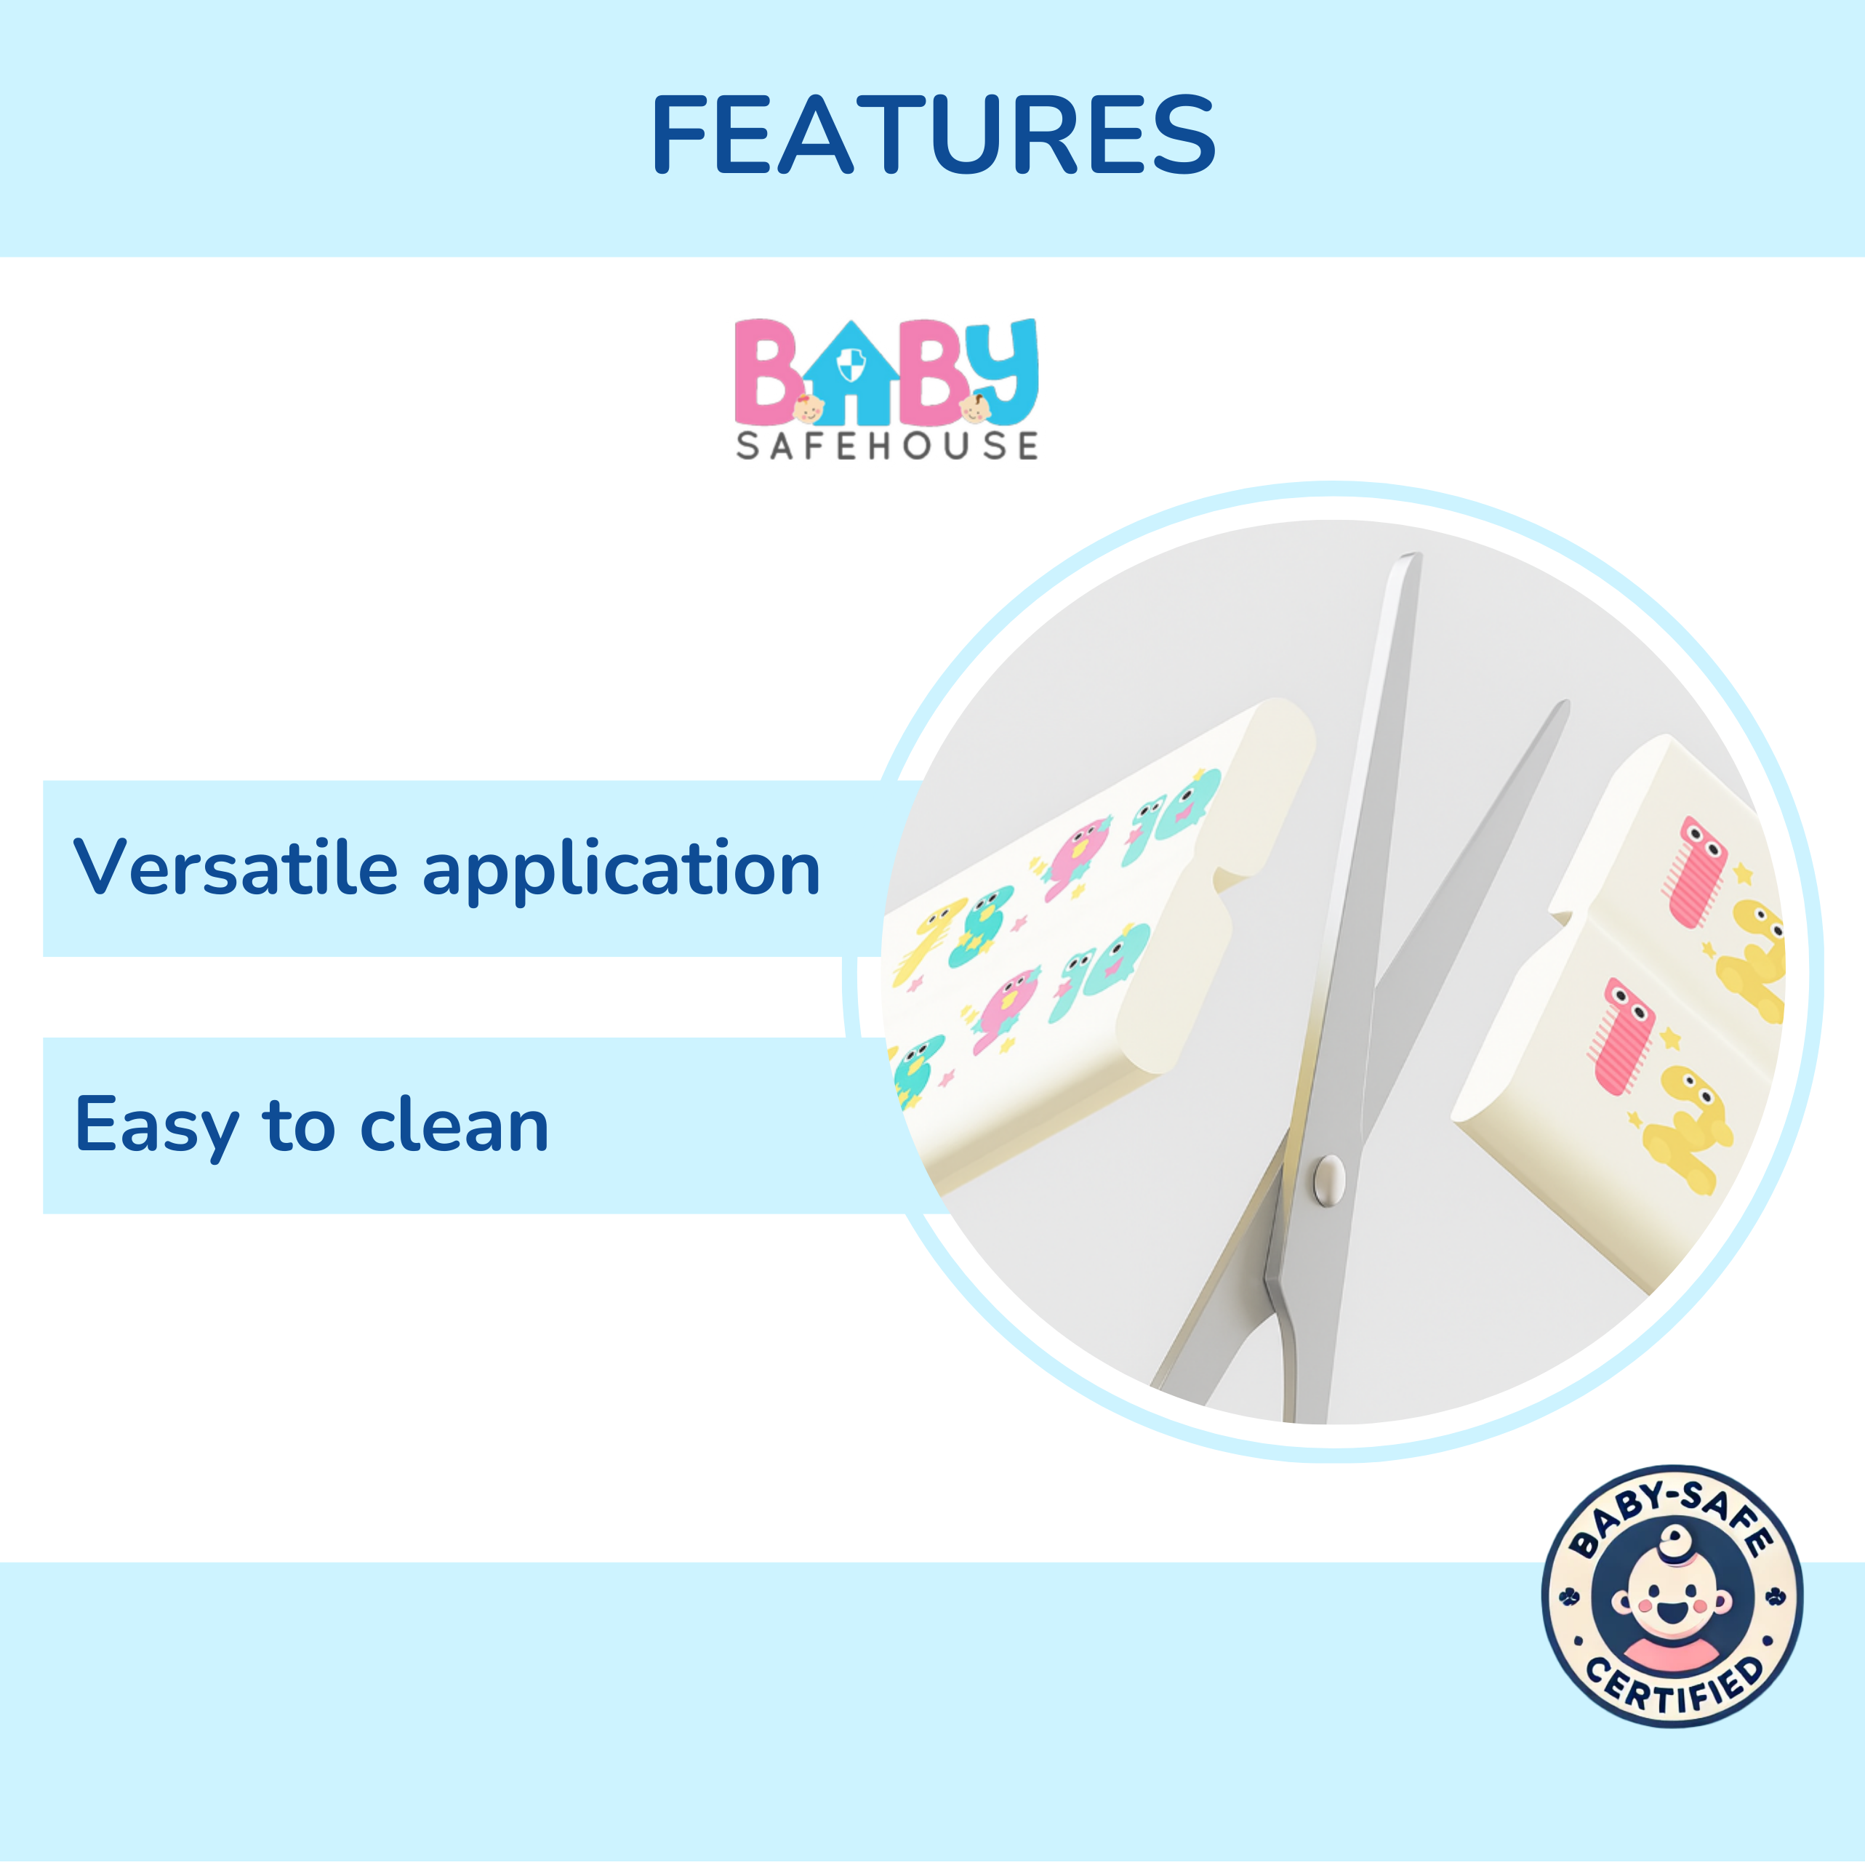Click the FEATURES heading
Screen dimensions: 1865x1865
click(x=932, y=135)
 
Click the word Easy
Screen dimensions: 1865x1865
click(x=156, y=1126)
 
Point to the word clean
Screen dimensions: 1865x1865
click(x=454, y=1125)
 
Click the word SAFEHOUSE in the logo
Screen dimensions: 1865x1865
click(x=886, y=446)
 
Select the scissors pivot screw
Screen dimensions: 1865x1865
click(x=1329, y=1179)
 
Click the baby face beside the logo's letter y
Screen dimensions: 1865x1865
click(x=976, y=409)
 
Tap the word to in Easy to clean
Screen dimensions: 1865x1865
click(x=298, y=1125)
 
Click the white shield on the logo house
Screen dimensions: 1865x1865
click(x=851, y=366)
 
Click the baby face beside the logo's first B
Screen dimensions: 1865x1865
click(x=808, y=409)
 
